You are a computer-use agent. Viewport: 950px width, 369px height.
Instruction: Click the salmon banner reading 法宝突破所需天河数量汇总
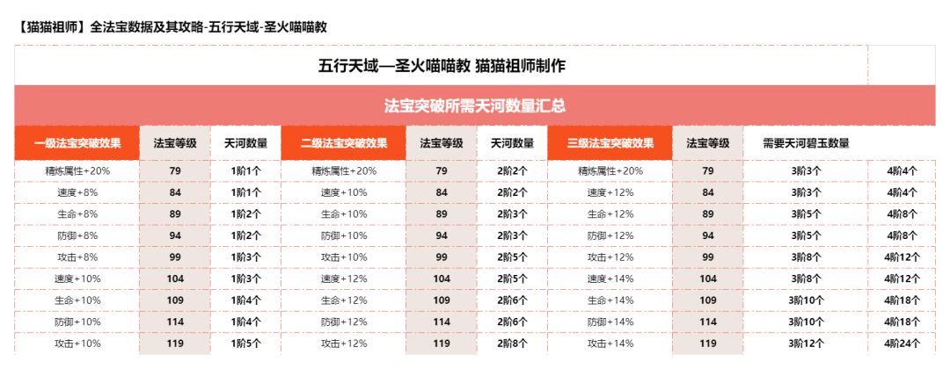click(475, 105)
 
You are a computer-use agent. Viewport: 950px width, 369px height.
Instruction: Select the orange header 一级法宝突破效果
click(77, 143)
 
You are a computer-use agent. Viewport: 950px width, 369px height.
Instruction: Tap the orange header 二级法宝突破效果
click(344, 143)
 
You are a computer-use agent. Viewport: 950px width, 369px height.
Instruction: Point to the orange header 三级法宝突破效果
click(610, 143)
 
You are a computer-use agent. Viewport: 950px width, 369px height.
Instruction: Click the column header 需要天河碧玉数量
click(806, 143)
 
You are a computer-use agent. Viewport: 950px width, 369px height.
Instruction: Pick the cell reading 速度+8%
click(77, 192)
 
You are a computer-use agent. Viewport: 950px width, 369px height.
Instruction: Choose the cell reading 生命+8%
click(77, 213)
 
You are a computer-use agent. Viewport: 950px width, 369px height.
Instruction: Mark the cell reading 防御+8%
click(77, 235)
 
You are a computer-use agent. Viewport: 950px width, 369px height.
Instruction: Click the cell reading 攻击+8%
click(77, 257)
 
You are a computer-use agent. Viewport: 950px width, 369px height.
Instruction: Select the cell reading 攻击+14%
click(610, 344)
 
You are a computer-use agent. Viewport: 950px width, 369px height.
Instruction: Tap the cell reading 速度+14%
click(610, 279)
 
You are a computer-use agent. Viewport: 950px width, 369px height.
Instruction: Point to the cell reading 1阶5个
click(246, 344)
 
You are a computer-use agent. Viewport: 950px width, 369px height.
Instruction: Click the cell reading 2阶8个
click(512, 344)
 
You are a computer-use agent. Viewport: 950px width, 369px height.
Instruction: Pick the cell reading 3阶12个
click(806, 344)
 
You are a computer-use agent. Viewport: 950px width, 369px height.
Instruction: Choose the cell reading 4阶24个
click(902, 344)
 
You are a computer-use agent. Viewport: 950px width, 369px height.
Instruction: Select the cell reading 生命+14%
click(610, 300)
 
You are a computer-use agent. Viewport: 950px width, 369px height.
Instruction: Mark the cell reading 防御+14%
click(610, 322)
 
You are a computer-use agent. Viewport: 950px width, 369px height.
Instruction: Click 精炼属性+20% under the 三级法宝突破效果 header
click(610, 170)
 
